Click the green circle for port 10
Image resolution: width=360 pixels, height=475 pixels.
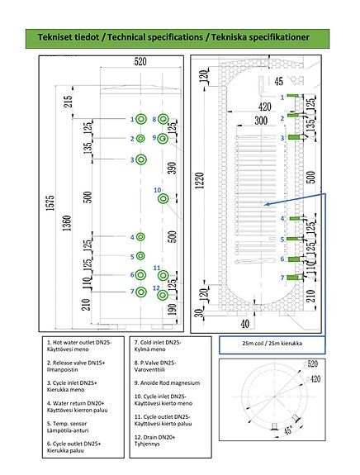click(163, 197)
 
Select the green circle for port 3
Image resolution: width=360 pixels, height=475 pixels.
click(140, 159)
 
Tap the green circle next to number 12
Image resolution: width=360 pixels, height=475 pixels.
click(163, 293)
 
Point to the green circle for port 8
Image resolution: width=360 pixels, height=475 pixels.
click(163, 120)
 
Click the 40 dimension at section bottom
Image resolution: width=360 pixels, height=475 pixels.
click(244, 323)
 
